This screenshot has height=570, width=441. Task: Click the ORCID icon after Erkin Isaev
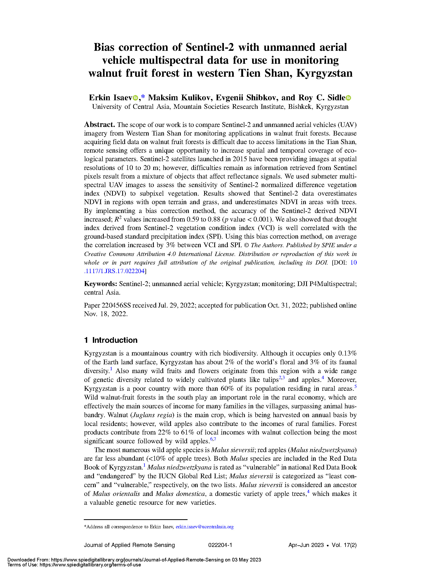pos(135,98)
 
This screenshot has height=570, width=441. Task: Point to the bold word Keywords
pos(100,284)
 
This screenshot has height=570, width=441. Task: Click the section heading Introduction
pos(115,340)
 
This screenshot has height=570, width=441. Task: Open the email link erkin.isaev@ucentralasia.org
pos(205,527)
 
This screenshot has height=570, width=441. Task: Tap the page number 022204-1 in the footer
pos(220,545)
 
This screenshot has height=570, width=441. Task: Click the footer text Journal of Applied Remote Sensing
pos(129,545)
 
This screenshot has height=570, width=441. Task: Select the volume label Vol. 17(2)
pos(344,545)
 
